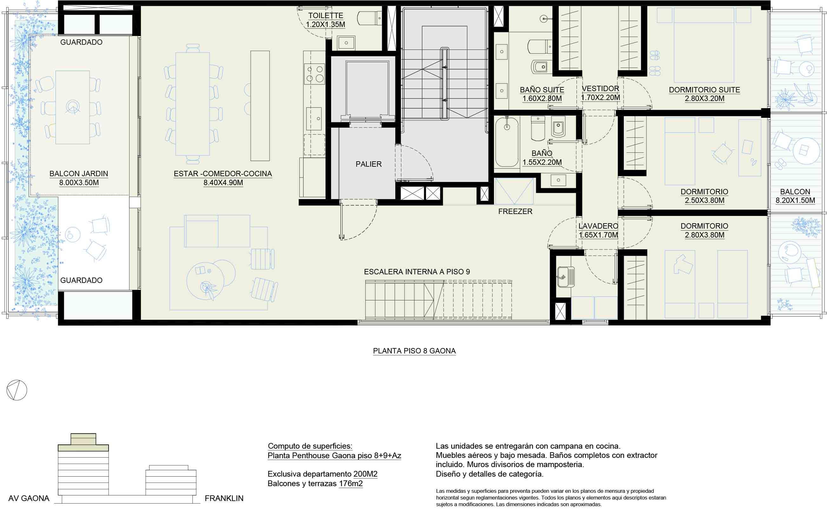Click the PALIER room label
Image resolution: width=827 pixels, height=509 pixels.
click(369, 164)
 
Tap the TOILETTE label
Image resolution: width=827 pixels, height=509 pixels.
click(325, 16)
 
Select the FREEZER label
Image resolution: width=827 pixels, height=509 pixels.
click(515, 211)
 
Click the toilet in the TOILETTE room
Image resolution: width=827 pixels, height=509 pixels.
click(369, 18)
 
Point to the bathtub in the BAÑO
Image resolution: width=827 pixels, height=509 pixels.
click(507, 142)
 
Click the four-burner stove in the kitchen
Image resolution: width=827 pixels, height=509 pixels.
click(314, 74)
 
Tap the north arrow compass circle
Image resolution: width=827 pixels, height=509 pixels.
click(17, 390)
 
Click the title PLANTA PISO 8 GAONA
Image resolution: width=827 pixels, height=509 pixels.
click(414, 351)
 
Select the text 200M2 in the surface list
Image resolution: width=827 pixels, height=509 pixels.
click(365, 474)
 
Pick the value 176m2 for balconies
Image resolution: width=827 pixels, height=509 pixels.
click(351, 484)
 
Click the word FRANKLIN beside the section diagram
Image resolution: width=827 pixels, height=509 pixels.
click(224, 498)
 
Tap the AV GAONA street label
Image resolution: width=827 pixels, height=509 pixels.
click(29, 498)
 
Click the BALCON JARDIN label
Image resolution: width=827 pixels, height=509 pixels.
click(79, 174)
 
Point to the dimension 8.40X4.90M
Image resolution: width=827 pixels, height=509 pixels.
click(223, 183)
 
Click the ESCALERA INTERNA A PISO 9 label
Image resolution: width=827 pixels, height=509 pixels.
click(417, 272)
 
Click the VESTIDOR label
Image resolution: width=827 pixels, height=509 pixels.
click(600, 89)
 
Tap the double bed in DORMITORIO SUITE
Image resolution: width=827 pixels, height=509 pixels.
click(704, 45)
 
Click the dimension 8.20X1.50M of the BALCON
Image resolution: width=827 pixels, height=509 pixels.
click(795, 201)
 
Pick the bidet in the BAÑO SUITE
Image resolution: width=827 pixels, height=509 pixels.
click(541, 67)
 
